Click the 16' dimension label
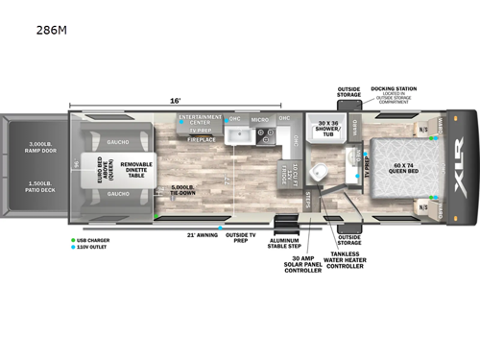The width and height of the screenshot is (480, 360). (176, 99)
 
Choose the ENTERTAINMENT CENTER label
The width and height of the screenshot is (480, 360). (200, 119)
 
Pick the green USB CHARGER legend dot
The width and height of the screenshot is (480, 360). (73, 239)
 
